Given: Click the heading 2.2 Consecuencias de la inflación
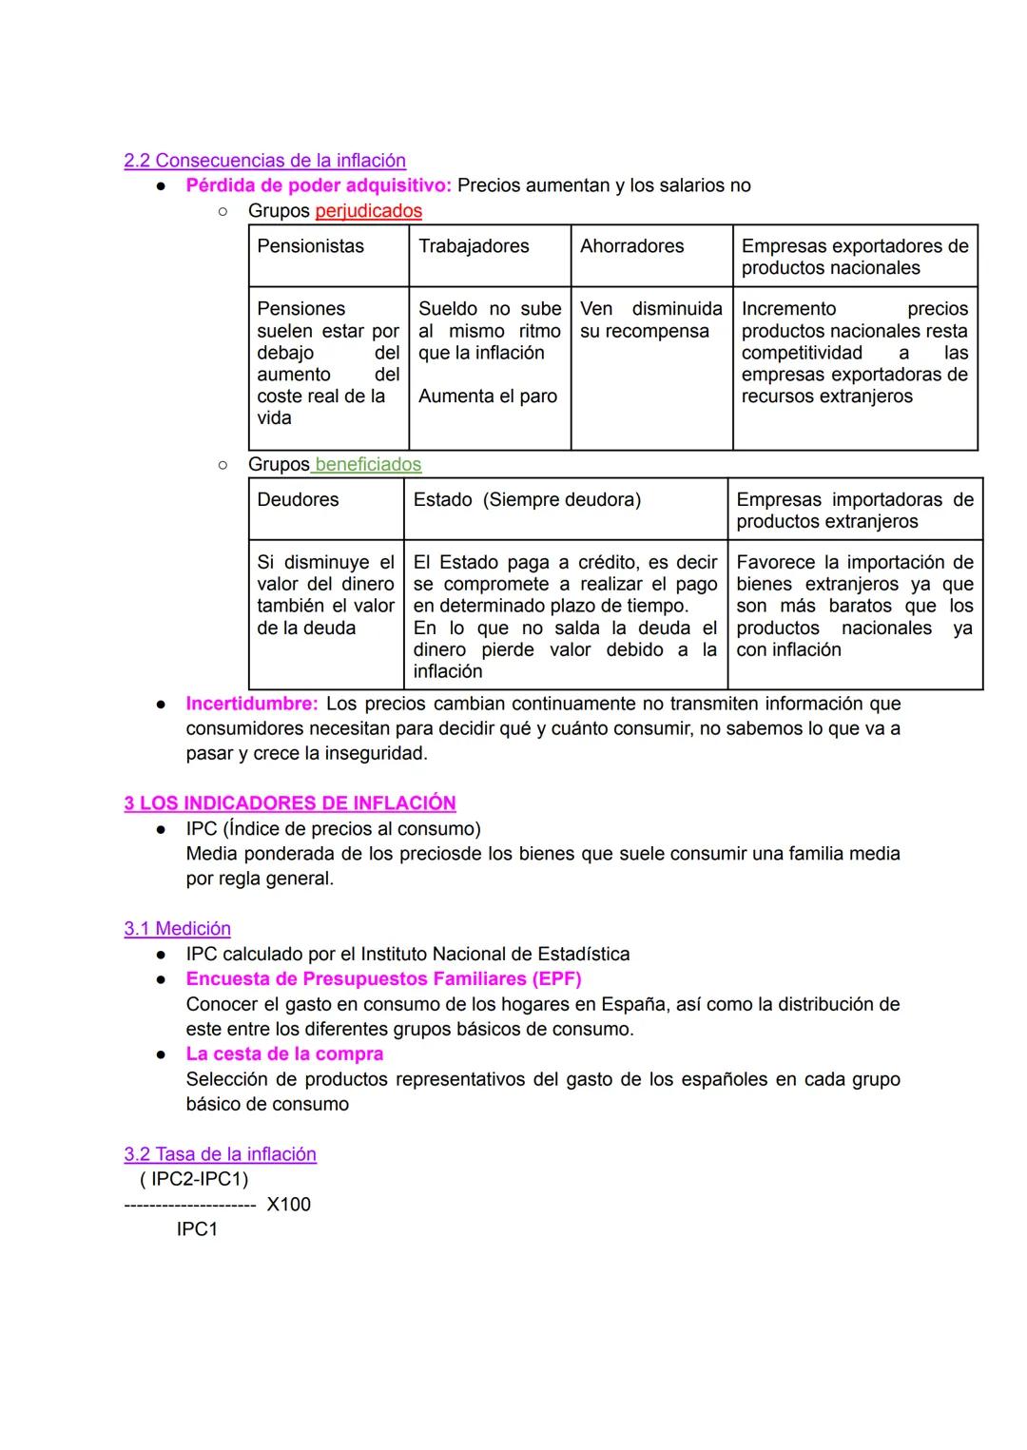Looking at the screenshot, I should pyautogui.click(x=264, y=161).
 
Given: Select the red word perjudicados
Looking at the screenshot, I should pyautogui.click(x=368, y=211).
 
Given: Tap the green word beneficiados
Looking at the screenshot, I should pyautogui.click(x=367, y=464).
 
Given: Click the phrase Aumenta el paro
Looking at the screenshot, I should pyautogui.click(x=488, y=396).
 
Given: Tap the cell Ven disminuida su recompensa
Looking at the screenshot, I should pyautogui.click(x=650, y=320).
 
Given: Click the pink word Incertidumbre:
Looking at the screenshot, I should pyautogui.click(x=251, y=704).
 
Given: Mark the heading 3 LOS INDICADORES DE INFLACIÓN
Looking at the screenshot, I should pyautogui.click(x=290, y=803).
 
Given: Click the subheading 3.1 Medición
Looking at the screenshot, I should pyautogui.click(x=177, y=929).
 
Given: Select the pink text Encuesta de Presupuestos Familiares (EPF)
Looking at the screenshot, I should pyautogui.click(x=383, y=979).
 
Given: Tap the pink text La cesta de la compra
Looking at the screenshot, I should pyautogui.click(x=284, y=1054).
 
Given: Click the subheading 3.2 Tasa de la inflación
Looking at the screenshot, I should pyautogui.click(x=220, y=1154).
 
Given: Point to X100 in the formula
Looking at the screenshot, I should pyautogui.click(x=288, y=1205).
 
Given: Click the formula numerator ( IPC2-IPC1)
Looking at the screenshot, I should pyautogui.click(x=194, y=1180).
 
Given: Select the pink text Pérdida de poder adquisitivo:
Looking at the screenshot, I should pyautogui.click(x=319, y=185).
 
